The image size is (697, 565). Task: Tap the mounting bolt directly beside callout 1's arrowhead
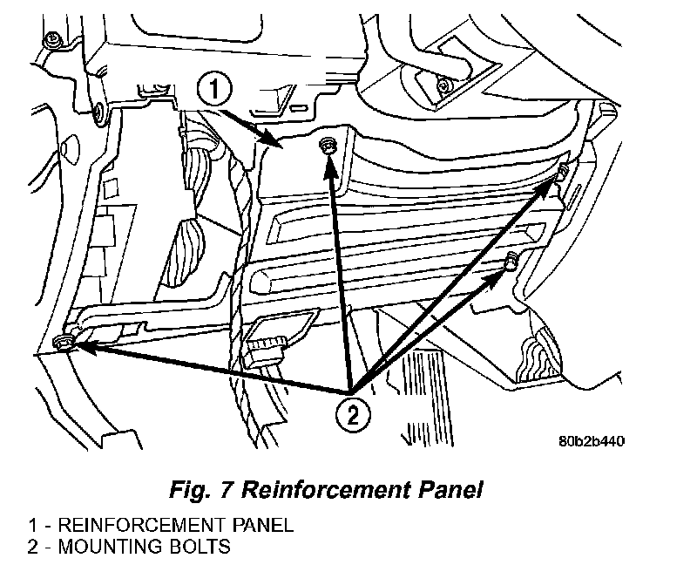click(328, 144)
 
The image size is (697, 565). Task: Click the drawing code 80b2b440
click(593, 439)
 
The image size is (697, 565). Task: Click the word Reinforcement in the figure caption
click(339, 489)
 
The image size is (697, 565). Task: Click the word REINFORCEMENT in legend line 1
click(118, 525)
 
